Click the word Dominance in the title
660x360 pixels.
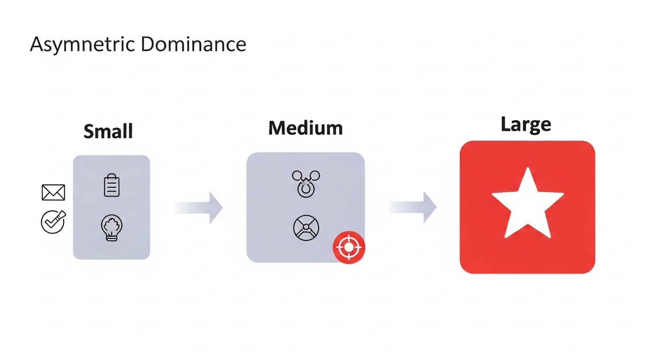193,44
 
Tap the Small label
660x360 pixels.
108,131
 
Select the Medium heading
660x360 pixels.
305,128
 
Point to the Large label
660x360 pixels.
525,125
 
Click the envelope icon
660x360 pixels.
53,192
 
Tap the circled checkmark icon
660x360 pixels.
53,222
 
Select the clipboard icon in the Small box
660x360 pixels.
112,185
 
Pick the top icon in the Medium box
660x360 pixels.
306,183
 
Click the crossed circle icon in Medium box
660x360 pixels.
306,228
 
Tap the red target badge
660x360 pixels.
348,247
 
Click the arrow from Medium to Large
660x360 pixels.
412,207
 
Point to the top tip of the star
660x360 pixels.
528,168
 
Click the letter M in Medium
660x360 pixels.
277,128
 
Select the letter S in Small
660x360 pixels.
89,131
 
